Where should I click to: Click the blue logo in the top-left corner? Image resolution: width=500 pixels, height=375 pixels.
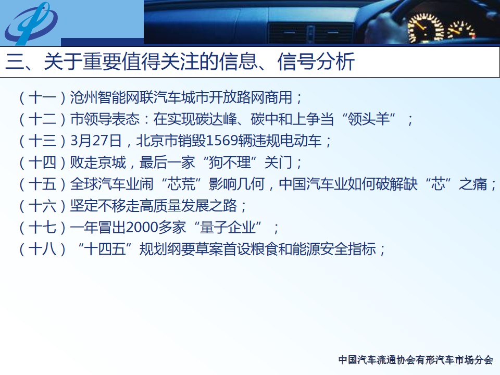click(x=31, y=23)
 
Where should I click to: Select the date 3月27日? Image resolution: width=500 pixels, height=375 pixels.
click(x=96, y=141)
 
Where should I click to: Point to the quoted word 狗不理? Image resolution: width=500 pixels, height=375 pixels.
click(x=230, y=162)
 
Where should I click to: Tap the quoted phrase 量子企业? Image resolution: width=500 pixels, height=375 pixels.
click(x=228, y=228)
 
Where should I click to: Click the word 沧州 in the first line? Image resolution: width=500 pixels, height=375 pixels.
click(x=84, y=97)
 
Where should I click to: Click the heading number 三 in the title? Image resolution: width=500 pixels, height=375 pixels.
click(x=15, y=61)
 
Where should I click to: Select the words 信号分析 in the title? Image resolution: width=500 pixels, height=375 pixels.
click(x=316, y=61)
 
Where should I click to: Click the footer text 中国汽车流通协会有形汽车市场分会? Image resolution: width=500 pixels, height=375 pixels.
click(x=416, y=360)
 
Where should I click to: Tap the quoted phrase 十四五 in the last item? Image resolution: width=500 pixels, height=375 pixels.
click(x=105, y=249)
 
